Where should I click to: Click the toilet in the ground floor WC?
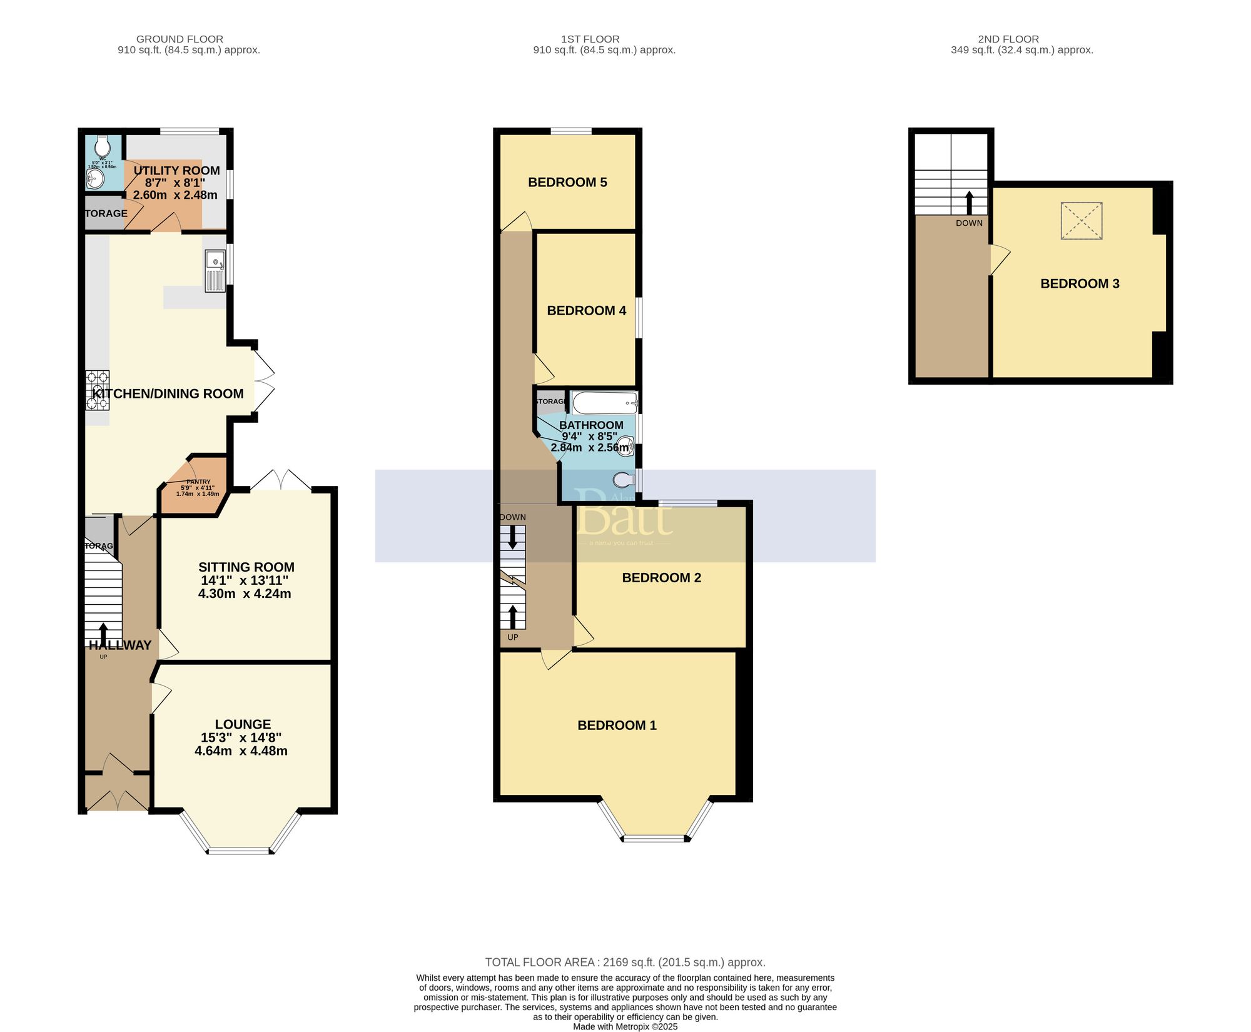pos(103,147)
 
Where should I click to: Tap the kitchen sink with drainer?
pos(215,270)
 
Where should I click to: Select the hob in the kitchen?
pos(98,390)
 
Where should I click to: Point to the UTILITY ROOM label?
pos(176,171)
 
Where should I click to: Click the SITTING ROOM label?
pos(246,567)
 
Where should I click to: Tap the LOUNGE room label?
pos(243,724)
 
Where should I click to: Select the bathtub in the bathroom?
pos(604,403)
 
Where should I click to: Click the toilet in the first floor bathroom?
pos(623,480)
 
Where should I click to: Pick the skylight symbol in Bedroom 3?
pos(1081,220)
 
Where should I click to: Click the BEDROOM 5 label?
pos(567,183)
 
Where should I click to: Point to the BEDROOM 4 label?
pos(586,311)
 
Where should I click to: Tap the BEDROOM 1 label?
pos(617,726)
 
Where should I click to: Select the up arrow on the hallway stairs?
pos(103,633)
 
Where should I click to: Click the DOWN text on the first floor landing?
pos(513,517)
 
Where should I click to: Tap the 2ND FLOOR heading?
pos(1008,39)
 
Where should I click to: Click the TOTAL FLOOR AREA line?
pos(625,963)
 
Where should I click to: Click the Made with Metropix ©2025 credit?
pos(625,1026)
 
